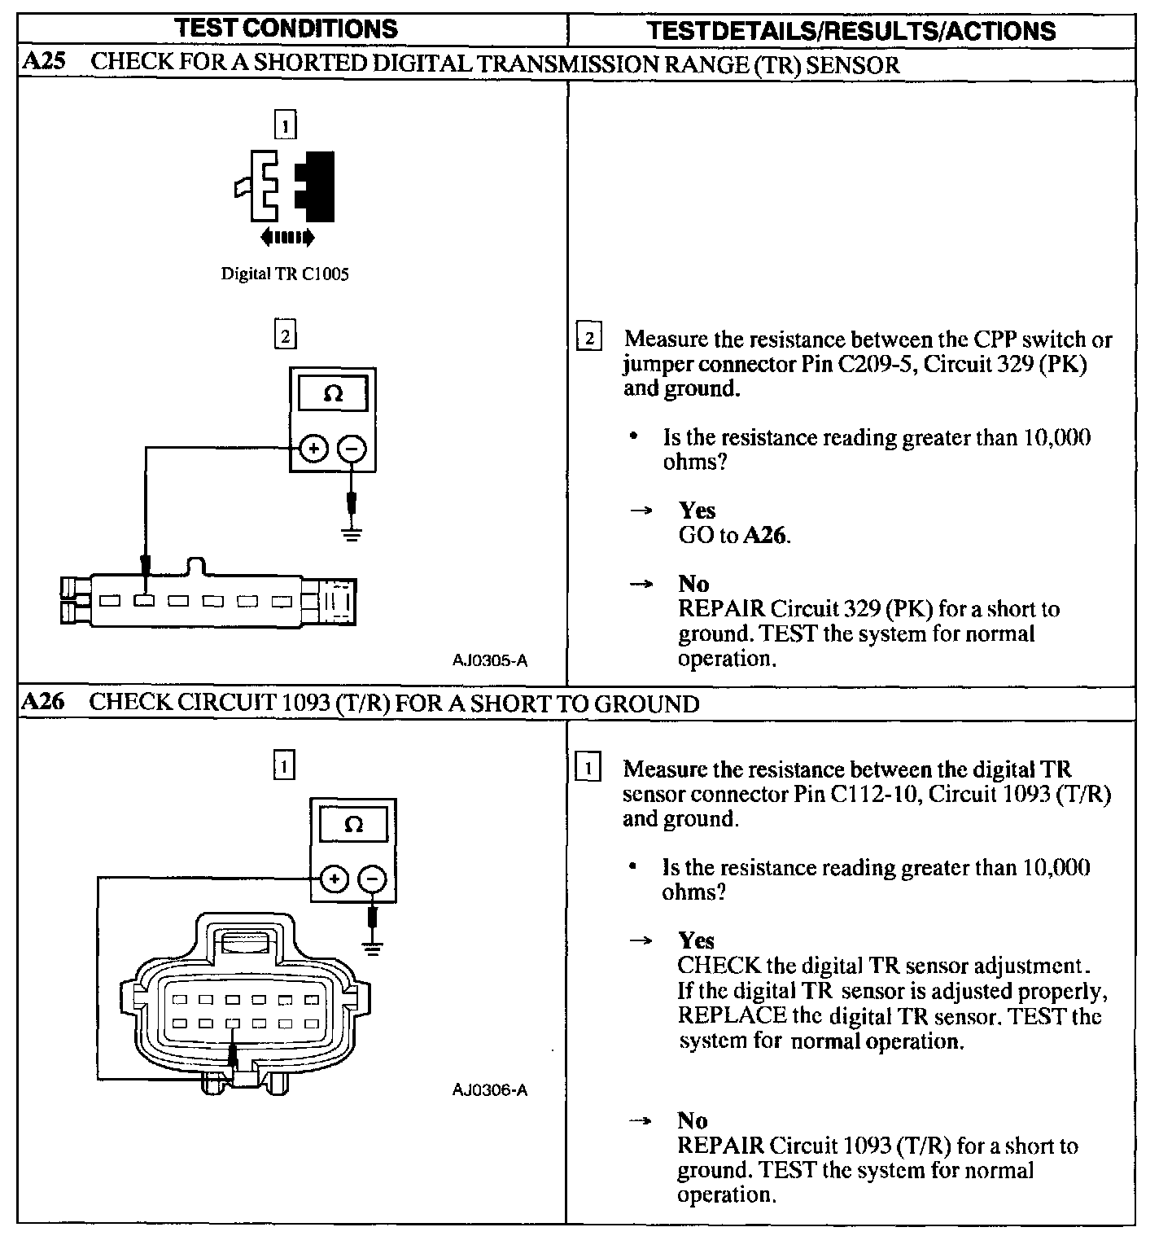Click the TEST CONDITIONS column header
[x=286, y=28]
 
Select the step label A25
[x=44, y=62]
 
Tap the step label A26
[x=42, y=702]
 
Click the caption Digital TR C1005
[x=285, y=274]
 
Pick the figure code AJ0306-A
[x=490, y=1089]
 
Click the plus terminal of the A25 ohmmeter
[x=314, y=449]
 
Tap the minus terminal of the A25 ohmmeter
[x=352, y=449]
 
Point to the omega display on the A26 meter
[x=354, y=825]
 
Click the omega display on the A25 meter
[x=333, y=395]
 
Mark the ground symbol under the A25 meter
[x=352, y=535]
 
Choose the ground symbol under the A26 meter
[x=372, y=948]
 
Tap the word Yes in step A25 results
[x=697, y=511]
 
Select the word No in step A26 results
[x=692, y=1120]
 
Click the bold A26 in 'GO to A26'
[x=766, y=535]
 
